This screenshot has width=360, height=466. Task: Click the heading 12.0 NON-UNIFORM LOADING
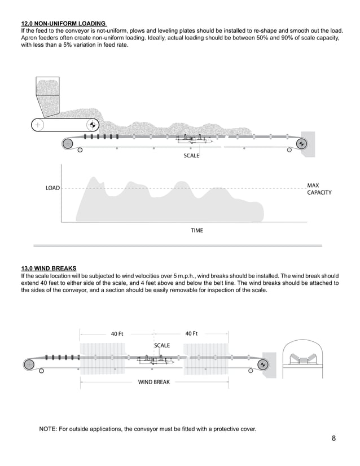(x=63, y=23)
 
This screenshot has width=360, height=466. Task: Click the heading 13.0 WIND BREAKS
(x=49, y=268)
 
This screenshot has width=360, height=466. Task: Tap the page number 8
(x=334, y=438)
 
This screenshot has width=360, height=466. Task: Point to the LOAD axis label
(x=52, y=188)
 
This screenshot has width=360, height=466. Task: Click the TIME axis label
(x=196, y=230)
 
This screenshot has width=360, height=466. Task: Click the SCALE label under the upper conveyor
(x=191, y=155)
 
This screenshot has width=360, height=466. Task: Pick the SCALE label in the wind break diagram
(x=162, y=345)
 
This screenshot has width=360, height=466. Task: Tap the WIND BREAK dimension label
(x=154, y=382)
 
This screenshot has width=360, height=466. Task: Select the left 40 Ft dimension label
(x=117, y=333)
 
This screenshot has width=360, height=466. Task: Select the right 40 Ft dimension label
(x=191, y=333)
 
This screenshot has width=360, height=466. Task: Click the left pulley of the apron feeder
(x=38, y=125)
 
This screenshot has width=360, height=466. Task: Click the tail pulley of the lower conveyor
(x=29, y=364)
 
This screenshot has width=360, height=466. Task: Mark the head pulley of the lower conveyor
(x=262, y=364)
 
